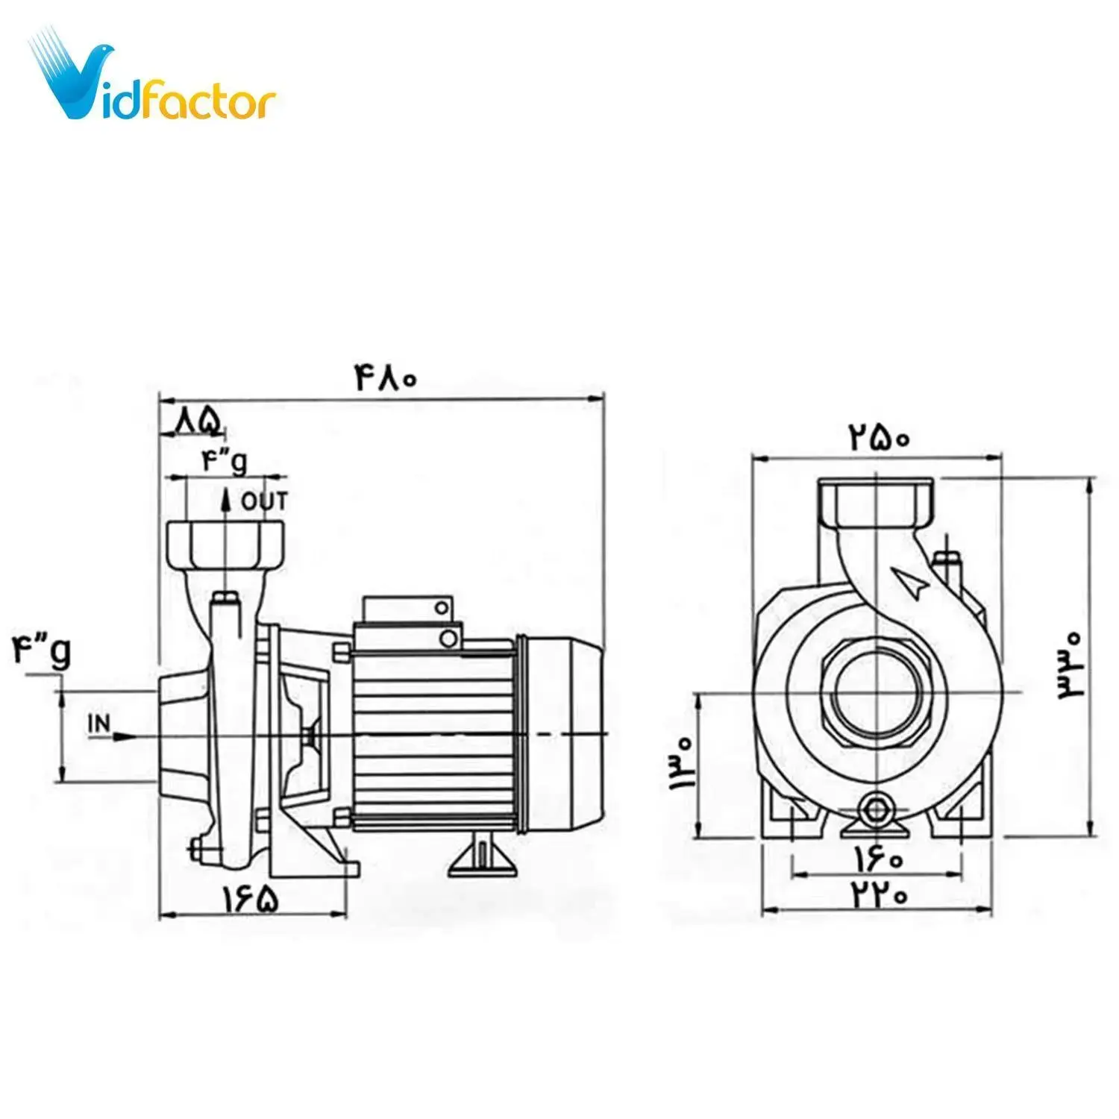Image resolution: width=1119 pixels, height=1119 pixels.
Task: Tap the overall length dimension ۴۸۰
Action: click(386, 379)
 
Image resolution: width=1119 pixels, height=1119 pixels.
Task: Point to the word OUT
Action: click(264, 502)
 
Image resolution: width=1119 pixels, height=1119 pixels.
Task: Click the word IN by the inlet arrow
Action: click(99, 723)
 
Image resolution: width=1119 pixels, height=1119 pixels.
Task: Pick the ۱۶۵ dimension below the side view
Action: click(251, 899)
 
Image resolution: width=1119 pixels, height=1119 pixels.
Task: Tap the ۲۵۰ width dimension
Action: click(879, 436)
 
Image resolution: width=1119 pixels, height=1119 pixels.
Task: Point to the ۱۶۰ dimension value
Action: click(879, 860)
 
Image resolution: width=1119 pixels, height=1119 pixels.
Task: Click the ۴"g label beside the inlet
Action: click(42, 650)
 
